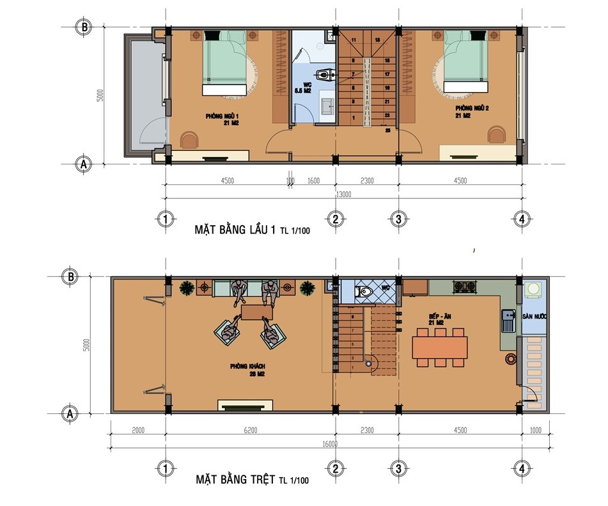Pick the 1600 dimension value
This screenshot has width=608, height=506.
pyautogui.click(x=313, y=181)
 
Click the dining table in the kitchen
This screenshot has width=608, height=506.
pyautogui.click(x=439, y=348)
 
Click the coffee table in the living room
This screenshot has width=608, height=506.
pyautogui.click(x=256, y=312)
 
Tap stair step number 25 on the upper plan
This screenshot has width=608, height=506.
pyautogui.click(x=388, y=130)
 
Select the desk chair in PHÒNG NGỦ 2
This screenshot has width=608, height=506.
pyautogui.click(x=496, y=135)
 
